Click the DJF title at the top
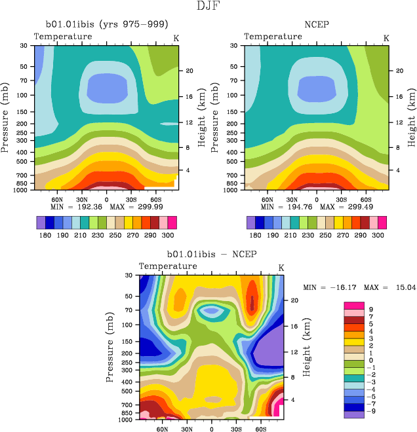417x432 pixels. tap(208, 7)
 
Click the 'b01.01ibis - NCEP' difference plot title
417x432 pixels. tap(210, 254)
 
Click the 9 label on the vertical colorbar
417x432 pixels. tap(371, 309)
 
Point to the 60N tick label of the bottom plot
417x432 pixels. tap(161, 431)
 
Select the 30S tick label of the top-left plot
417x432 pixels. tap(132, 199)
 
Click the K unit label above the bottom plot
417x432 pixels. tap(281, 268)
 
